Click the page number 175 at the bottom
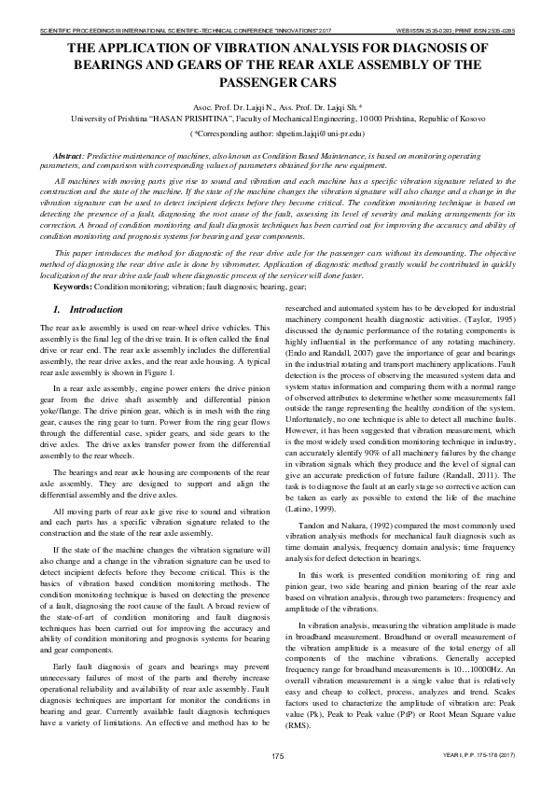tap(277, 754)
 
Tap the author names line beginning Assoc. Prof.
tap(277, 108)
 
